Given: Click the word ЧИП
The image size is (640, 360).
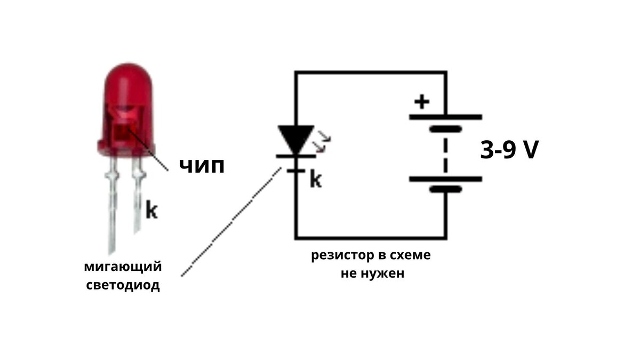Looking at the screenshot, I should pyautogui.click(x=201, y=166).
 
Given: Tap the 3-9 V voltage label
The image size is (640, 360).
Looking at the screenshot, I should pyautogui.click(x=509, y=151).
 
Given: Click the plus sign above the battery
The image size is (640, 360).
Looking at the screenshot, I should pyautogui.click(x=422, y=101).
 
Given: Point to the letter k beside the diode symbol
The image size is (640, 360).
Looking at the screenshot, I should pyautogui.click(x=316, y=180).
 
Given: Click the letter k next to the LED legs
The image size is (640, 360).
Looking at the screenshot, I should pyautogui.click(x=151, y=211).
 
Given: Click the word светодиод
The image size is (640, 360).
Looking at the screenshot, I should pyautogui.click(x=123, y=285).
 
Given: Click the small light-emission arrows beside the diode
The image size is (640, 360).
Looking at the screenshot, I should pyautogui.click(x=323, y=140).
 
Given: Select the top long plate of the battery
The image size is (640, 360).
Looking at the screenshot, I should pyautogui.click(x=445, y=117).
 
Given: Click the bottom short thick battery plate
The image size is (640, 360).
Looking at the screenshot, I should pyautogui.click(x=445, y=189).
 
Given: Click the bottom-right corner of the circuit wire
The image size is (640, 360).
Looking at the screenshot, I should pyautogui.click(x=445, y=238).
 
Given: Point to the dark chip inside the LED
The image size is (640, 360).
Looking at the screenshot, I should pyautogui.click(x=123, y=131).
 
